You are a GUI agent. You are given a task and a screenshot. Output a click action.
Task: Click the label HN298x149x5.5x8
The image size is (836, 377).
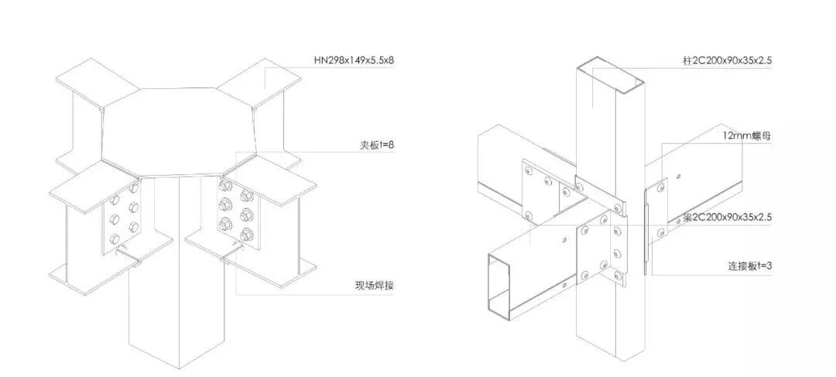coord(358,60)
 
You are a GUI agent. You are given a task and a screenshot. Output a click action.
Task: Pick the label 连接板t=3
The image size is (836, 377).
coord(746,266)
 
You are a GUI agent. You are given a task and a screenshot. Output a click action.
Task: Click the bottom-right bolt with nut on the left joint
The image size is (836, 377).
coord(247,235)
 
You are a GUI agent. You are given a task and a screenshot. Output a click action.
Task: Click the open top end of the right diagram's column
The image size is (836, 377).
coord(609,74)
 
